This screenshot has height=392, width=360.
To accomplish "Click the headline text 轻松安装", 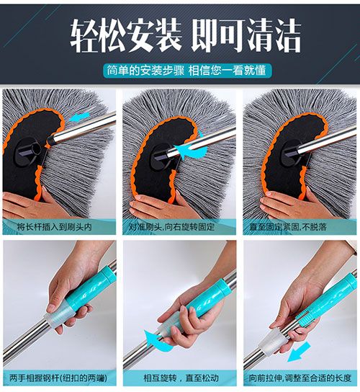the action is (x=126, y=36).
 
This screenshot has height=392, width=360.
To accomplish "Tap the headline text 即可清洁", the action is (x=246, y=36).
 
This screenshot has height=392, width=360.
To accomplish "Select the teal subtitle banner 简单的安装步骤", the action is (x=187, y=71).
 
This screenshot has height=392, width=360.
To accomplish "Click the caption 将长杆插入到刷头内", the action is (x=55, y=227).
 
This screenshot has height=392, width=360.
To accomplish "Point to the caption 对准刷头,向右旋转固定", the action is (x=171, y=227).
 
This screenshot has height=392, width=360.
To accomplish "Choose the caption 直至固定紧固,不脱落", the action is (x=288, y=227).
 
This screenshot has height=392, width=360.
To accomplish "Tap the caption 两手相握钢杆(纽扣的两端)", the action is (x=58, y=378).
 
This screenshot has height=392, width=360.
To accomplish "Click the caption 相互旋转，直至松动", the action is (x=181, y=378).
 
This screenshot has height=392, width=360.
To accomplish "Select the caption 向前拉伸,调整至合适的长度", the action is (x=300, y=378).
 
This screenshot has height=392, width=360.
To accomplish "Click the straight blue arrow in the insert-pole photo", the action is (x=79, y=117).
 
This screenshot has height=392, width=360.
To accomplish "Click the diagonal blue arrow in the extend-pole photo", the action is (x=299, y=352).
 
